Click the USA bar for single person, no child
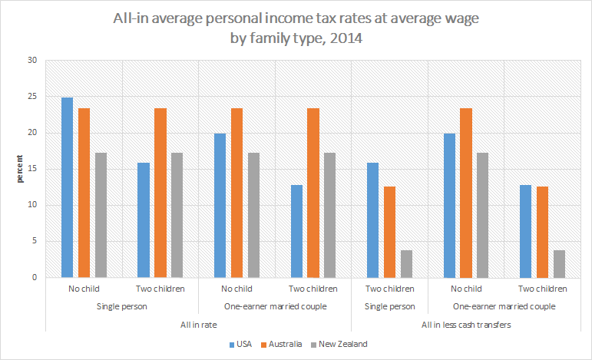[67, 187]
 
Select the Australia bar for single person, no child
[84, 193]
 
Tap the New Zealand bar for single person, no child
[100, 215]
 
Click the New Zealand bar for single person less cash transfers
[406, 263]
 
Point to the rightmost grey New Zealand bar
[560, 263]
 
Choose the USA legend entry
[240, 344]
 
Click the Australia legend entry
[284, 344]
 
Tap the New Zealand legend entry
[342, 344]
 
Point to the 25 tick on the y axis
[32, 97]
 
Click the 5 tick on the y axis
[35, 241]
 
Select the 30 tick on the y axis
[32, 61]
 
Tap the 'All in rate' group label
[198, 325]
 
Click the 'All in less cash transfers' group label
[467, 325]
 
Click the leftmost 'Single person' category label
[121, 307]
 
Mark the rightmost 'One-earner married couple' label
[504, 307]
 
